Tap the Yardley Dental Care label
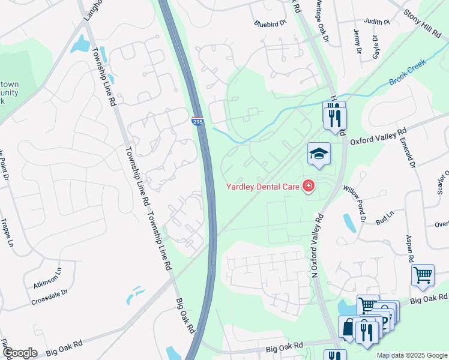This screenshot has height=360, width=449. pyautogui.click(x=262, y=187)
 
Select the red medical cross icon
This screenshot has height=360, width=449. pyautogui.click(x=309, y=187)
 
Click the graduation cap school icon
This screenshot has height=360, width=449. pyautogui.click(x=319, y=154)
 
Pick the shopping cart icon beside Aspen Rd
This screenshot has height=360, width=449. pyautogui.click(x=423, y=275)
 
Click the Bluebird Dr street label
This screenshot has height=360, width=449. pyautogui.click(x=271, y=24)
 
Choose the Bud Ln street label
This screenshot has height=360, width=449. pyautogui.click(x=384, y=218)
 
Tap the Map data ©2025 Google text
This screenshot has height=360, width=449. pyautogui.click(x=412, y=355)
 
